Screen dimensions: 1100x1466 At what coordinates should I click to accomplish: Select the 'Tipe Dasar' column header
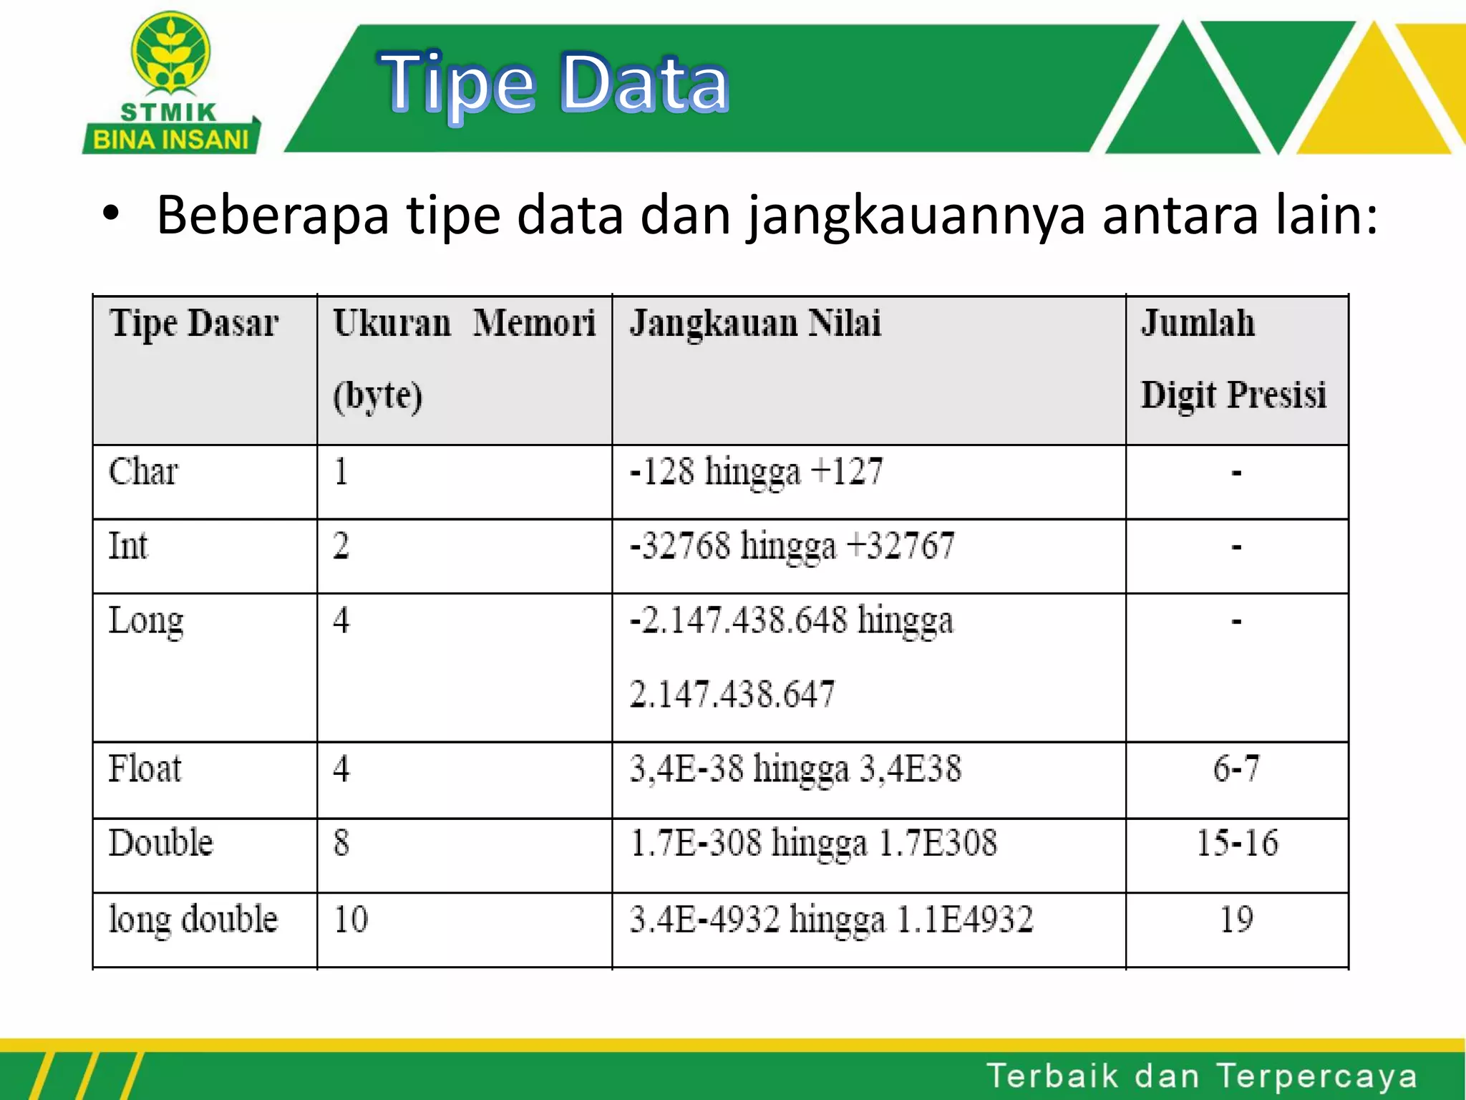(x=193, y=323)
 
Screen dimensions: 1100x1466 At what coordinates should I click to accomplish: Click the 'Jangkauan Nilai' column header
(x=754, y=323)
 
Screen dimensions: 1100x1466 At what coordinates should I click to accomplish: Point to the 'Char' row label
(x=143, y=472)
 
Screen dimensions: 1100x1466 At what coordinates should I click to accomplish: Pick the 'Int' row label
(x=128, y=546)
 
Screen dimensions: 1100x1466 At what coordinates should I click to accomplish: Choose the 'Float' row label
(x=145, y=769)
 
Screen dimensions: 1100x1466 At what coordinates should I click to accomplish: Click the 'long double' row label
(x=193, y=919)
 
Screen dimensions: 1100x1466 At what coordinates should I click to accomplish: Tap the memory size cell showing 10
(x=351, y=919)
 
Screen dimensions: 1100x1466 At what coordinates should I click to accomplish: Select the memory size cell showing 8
(x=341, y=843)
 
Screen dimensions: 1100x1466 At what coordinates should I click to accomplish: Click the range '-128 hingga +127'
(x=756, y=472)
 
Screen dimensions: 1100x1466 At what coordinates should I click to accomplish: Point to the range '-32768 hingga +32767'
(x=792, y=546)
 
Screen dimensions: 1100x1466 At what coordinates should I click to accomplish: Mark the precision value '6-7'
(x=1236, y=769)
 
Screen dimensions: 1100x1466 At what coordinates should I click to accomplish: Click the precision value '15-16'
(x=1237, y=843)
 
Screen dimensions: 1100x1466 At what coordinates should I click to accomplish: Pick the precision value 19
(x=1236, y=919)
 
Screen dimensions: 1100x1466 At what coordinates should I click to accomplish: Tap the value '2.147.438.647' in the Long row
(x=732, y=694)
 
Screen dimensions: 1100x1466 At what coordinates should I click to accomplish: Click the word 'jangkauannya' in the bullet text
(x=916, y=216)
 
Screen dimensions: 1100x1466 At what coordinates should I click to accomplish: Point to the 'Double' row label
(x=161, y=843)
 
